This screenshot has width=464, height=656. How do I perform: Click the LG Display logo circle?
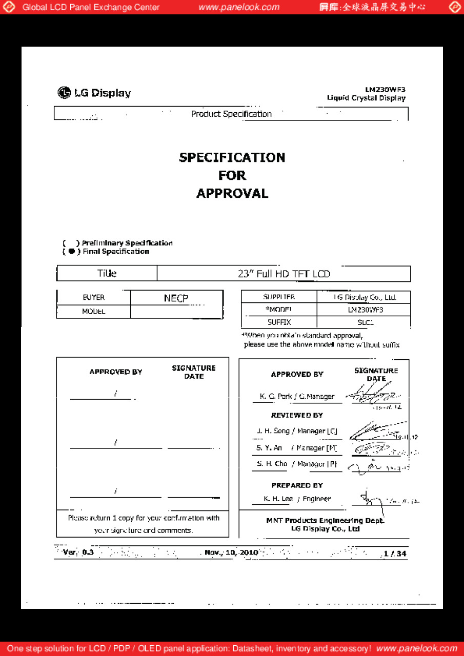pyautogui.click(x=64, y=93)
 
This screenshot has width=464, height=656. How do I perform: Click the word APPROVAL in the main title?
pyautogui.click(x=232, y=193)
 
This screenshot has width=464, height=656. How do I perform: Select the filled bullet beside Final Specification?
pyautogui.click(x=72, y=252)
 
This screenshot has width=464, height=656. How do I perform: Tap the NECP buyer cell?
pyautogui.click(x=176, y=298)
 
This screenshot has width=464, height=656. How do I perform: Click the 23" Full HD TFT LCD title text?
pyautogui.click(x=284, y=274)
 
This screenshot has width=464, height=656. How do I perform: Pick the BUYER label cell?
pyautogui.click(x=93, y=297)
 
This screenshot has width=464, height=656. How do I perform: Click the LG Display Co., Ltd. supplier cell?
pyautogui.click(x=364, y=297)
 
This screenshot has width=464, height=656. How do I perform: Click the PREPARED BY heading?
pyautogui.click(x=297, y=485)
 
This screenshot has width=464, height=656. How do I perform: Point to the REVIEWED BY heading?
pyautogui.click(x=297, y=415)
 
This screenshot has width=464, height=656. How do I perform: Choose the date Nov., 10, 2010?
pyautogui.click(x=231, y=552)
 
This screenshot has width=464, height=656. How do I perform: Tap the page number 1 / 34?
pyautogui.click(x=395, y=553)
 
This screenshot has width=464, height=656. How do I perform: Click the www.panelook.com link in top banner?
pyautogui.click(x=239, y=7)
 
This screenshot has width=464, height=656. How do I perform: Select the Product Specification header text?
pyautogui.click(x=231, y=114)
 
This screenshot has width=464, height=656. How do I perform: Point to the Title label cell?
pyautogui.click(x=107, y=274)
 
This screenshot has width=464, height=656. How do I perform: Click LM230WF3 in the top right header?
pyautogui.click(x=385, y=89)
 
